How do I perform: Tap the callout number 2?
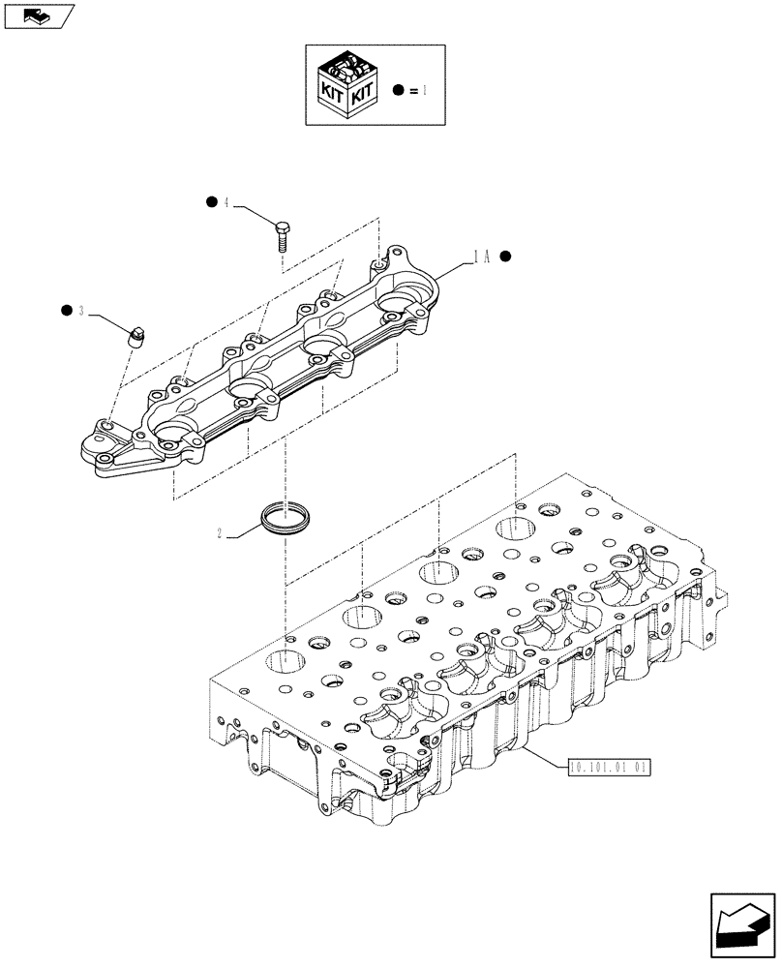click(x=223, y=532)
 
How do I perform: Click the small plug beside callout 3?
click(x=136, y=336)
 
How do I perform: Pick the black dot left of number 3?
click(x=66, y=310)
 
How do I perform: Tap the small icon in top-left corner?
click(x=38, y=15)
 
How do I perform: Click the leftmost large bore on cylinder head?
click(x=287, y=665)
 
